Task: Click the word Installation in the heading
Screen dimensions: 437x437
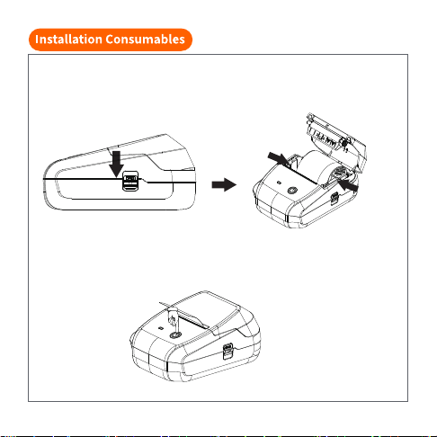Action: point(68,40)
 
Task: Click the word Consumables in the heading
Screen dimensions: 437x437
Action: point(145,40)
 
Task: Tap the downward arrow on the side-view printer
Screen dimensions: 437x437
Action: point(116,164)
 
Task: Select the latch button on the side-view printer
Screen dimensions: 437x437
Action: point(130,181)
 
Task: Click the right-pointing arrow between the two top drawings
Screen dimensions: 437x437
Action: point(224,184)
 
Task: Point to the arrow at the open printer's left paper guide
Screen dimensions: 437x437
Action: point(279,158)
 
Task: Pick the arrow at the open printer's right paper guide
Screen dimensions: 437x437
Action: point(348,184)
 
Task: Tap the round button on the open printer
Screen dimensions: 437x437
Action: point(292,191)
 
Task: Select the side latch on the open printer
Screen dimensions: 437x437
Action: point(334,198)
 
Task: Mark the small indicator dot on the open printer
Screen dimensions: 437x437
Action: point(279,183)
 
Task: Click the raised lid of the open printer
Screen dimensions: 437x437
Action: point(336,141)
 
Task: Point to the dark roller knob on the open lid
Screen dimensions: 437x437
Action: point(344,144)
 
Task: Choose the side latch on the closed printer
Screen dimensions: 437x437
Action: point(227,351)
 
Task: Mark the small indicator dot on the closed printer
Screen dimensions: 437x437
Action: point(161,327)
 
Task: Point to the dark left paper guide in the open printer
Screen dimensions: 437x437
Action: point(292,161)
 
